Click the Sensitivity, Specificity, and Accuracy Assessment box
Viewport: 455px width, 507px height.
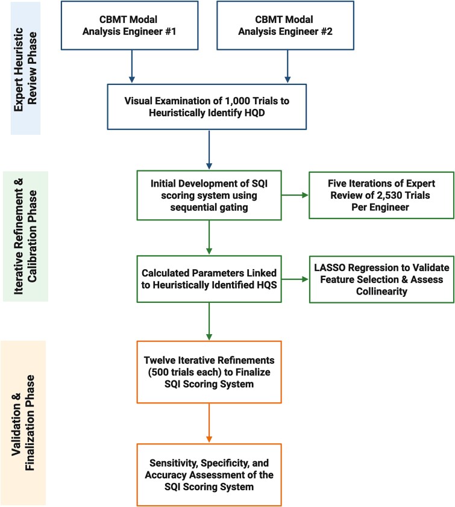click(x=209, y=467)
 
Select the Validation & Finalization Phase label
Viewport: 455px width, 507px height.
click(x=25, y=405)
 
